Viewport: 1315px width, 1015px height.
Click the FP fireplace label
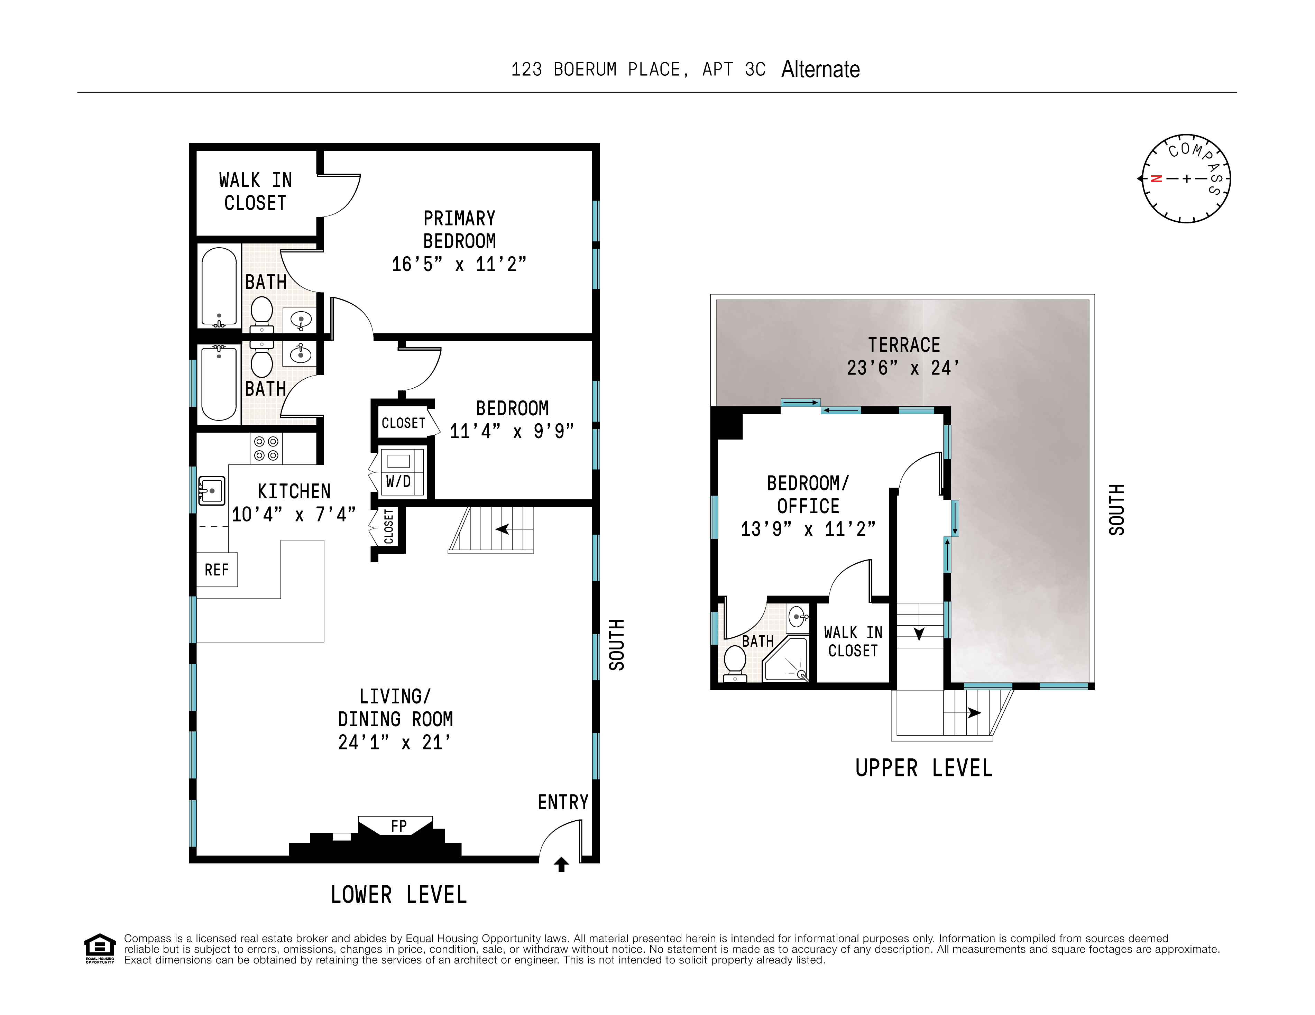(398, 826)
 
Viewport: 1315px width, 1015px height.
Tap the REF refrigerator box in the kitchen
(217, 570)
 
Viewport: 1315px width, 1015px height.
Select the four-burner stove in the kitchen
(266, 449)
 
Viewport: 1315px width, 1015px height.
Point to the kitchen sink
(211, 491)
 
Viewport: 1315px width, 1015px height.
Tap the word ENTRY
(563, 802)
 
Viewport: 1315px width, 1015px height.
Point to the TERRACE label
(904, 345)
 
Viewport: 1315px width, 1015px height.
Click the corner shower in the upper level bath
(787, 661)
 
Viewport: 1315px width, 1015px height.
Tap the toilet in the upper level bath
(735, 662)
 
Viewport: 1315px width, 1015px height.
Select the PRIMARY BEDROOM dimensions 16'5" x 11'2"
(459, 264)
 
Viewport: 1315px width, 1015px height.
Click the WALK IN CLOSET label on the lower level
(255, 192)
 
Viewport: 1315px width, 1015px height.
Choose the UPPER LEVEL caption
(923, 768)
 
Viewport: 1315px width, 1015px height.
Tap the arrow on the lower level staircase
(502, 529)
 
